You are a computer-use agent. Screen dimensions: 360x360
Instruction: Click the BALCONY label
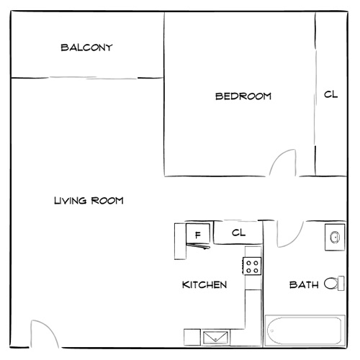coord(86,48)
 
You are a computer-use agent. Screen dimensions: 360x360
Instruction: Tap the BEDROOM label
coord(243,96)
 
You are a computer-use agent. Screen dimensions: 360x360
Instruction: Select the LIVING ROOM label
coord(89,201)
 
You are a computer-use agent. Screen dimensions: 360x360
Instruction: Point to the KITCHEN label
coord(204,285)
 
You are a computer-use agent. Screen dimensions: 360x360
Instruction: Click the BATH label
coord(303,285)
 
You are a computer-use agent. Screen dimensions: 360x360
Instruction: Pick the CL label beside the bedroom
coord(330,94)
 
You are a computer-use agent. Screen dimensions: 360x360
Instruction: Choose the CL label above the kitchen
coord(239,233)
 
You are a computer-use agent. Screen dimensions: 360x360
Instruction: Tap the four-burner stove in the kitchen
coord(252,267)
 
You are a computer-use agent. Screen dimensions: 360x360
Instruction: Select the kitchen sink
coord(215,336)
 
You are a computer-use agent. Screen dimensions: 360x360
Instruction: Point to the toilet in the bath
coord(332,284)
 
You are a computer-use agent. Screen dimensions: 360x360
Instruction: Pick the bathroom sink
coord(335,236)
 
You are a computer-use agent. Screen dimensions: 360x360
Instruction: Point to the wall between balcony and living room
coord(86,77)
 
